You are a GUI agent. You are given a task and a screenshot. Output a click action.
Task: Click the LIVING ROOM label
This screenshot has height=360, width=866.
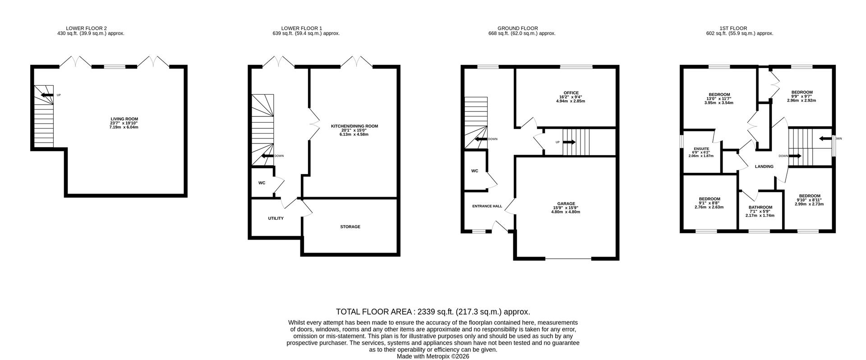pos(124,119)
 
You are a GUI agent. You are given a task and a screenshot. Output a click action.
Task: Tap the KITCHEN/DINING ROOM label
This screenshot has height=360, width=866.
pos(354,126)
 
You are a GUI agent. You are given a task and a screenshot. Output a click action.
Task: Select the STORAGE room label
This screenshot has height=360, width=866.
pos(350,227)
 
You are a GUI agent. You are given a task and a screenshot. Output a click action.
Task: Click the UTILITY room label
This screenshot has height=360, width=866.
pos(276,218)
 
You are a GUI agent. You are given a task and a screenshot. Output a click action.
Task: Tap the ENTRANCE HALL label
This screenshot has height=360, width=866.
pos(487,206)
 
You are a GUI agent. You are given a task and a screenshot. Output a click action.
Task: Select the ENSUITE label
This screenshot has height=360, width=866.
pos(701,149)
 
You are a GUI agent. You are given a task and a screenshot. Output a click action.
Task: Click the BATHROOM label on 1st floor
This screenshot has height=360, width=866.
pos(760,208)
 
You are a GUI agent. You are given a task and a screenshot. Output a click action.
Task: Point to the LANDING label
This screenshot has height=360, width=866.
pos(764,166)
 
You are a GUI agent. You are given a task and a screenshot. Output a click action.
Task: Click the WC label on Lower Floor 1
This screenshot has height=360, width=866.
pos(262,183)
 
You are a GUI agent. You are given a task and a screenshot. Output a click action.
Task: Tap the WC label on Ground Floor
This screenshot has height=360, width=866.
pos(474,171)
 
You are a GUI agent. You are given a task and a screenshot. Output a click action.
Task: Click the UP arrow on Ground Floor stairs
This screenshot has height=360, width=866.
pos(569,142)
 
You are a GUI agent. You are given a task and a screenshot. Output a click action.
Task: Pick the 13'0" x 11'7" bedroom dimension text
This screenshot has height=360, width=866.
pos(719,99)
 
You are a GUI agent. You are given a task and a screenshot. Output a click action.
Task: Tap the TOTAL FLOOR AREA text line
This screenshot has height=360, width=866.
pos(433,312)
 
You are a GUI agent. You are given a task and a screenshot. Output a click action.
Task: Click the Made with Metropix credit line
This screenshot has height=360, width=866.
pos(433,356)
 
